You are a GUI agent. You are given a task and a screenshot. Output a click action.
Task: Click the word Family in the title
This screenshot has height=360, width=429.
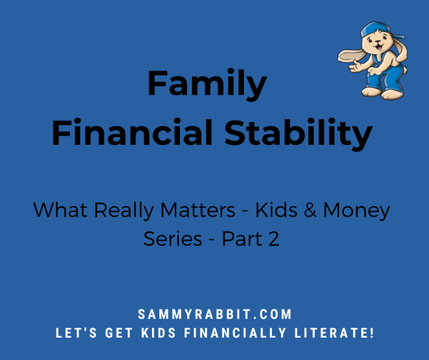click(x=207, y=84)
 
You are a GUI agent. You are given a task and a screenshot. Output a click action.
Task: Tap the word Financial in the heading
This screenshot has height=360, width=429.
click(x=132, y=132)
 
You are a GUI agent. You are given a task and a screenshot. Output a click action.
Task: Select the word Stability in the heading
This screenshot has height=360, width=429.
click(x=298, y=134)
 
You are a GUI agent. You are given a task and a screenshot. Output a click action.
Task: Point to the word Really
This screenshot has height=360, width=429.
click(x=124, y=211)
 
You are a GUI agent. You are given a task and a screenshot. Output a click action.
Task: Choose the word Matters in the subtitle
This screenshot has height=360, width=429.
click(x=198, y=210)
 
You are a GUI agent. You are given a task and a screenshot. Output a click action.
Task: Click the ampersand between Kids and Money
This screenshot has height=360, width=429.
click(x=310, y=210)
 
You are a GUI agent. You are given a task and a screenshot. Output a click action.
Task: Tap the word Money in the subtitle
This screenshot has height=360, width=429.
click(x=356, y=211)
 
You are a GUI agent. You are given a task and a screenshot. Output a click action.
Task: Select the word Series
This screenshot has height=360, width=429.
click(x=173, y=239)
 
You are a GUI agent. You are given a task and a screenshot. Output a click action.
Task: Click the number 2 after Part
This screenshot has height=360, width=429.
click(x=274, y=239)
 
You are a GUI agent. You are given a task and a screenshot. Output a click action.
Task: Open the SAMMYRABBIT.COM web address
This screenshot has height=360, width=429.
click(x=214, y=314)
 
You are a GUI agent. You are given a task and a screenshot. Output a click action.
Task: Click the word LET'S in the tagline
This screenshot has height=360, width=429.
click(x=77, y=333)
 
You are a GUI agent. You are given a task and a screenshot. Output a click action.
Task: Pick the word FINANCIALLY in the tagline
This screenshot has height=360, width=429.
click(x=235, y=333)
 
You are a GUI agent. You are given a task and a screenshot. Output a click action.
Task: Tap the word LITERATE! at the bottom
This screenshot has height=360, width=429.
click(x=334, y=333)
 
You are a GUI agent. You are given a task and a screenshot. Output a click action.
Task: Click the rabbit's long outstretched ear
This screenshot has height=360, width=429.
click(x=351, y=55)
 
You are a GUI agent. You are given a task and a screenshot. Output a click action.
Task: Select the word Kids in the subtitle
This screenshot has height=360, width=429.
click(x=277, y=210)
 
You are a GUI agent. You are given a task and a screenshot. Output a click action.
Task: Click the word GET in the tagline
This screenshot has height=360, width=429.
click(x=119, y=333)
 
